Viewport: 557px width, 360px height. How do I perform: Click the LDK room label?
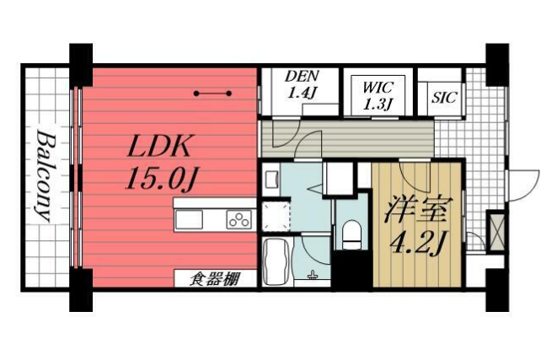158,146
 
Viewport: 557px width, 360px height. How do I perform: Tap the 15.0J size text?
162,179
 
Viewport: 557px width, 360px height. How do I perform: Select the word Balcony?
46,176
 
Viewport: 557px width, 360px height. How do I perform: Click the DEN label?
302,76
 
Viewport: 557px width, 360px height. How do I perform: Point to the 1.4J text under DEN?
302,93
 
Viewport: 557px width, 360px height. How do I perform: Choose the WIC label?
378,88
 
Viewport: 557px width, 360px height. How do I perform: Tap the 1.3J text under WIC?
378,104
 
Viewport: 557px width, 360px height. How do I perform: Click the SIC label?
443,97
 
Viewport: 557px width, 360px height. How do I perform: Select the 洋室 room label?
416,211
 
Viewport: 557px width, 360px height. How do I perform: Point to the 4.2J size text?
416,244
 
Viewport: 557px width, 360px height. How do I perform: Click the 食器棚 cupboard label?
214,279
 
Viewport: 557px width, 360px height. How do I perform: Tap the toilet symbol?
351,234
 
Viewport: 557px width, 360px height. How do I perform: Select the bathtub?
278,261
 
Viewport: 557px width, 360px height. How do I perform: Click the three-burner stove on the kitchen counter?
239,219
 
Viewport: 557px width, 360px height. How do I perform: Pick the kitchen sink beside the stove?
189,219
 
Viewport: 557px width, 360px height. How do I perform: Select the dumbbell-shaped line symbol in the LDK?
212,94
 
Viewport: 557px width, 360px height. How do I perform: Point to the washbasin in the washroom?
271,180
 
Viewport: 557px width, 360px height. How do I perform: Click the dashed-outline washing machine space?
276,218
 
